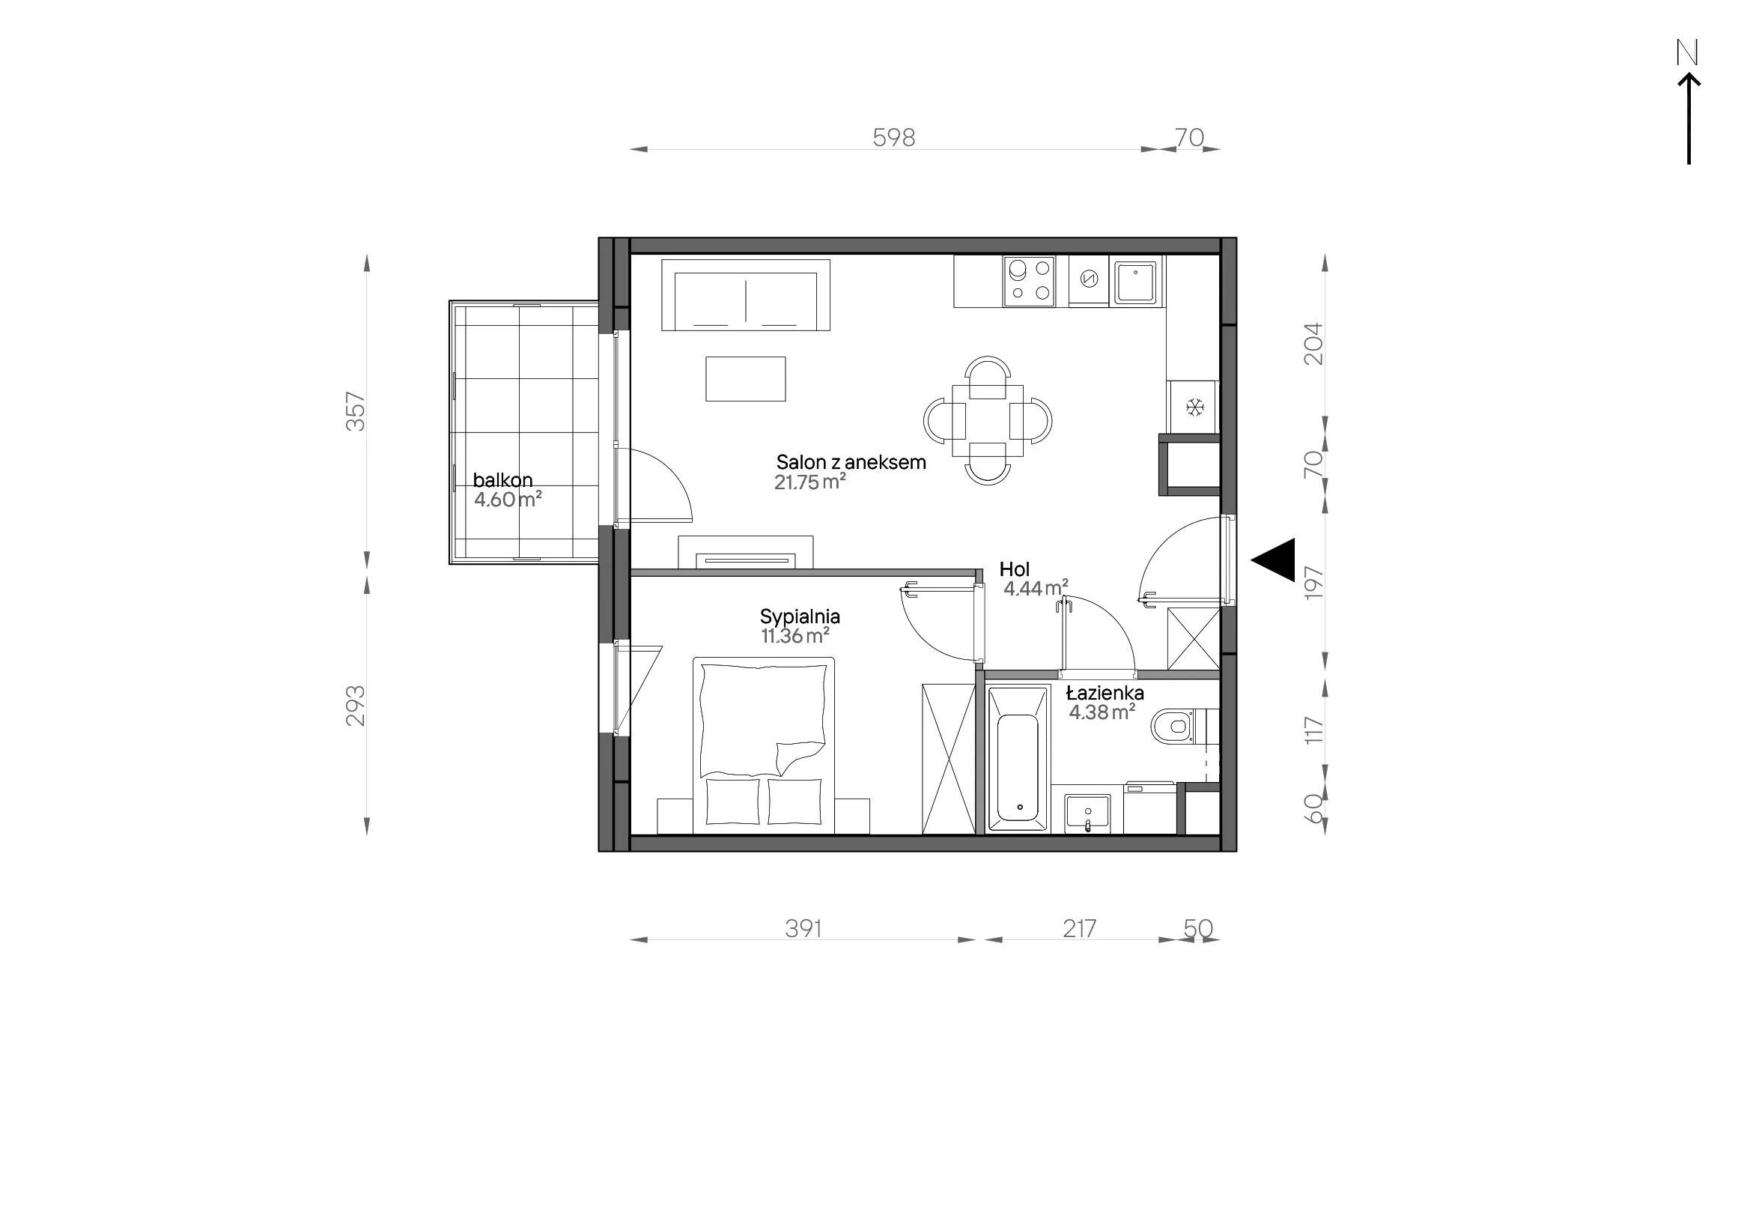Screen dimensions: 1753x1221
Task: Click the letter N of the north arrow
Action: (1686, 52)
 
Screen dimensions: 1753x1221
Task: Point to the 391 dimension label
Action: (804, 929)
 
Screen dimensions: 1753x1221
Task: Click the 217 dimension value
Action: (1080, 929)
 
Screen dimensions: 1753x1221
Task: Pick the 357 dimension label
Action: (356, 411)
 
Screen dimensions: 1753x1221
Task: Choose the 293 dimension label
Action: (356, 706)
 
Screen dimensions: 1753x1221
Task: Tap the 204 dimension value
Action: (1313, 344)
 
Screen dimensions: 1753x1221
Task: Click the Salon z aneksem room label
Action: (851, 462)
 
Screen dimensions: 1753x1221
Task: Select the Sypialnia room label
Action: (800, 616)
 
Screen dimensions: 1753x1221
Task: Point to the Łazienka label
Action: (1105, 693)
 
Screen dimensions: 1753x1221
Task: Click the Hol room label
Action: (1015, 569)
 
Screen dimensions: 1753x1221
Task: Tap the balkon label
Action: (502, 480)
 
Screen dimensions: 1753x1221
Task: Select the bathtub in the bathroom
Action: (1018, 759)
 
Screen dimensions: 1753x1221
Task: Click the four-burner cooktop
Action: (1029, 281)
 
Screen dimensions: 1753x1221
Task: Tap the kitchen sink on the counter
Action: (1137, 282)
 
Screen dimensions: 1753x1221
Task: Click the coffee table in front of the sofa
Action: (745, 379)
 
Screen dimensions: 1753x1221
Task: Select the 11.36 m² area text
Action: (795, 636)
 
